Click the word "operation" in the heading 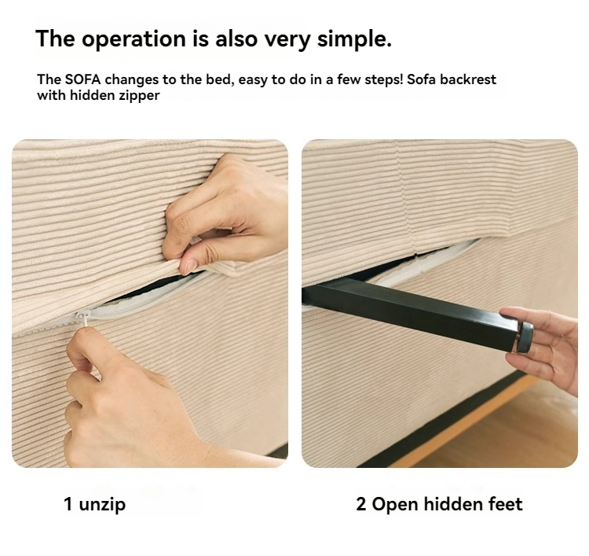tap(134, 39)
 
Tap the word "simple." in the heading tap(354, 39)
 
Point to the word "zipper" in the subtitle tap(139, 96)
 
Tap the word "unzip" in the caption tap(102, 504)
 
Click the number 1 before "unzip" tap(68, 504)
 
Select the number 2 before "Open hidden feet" tap(361, 504)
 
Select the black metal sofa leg tap(417, 314)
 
